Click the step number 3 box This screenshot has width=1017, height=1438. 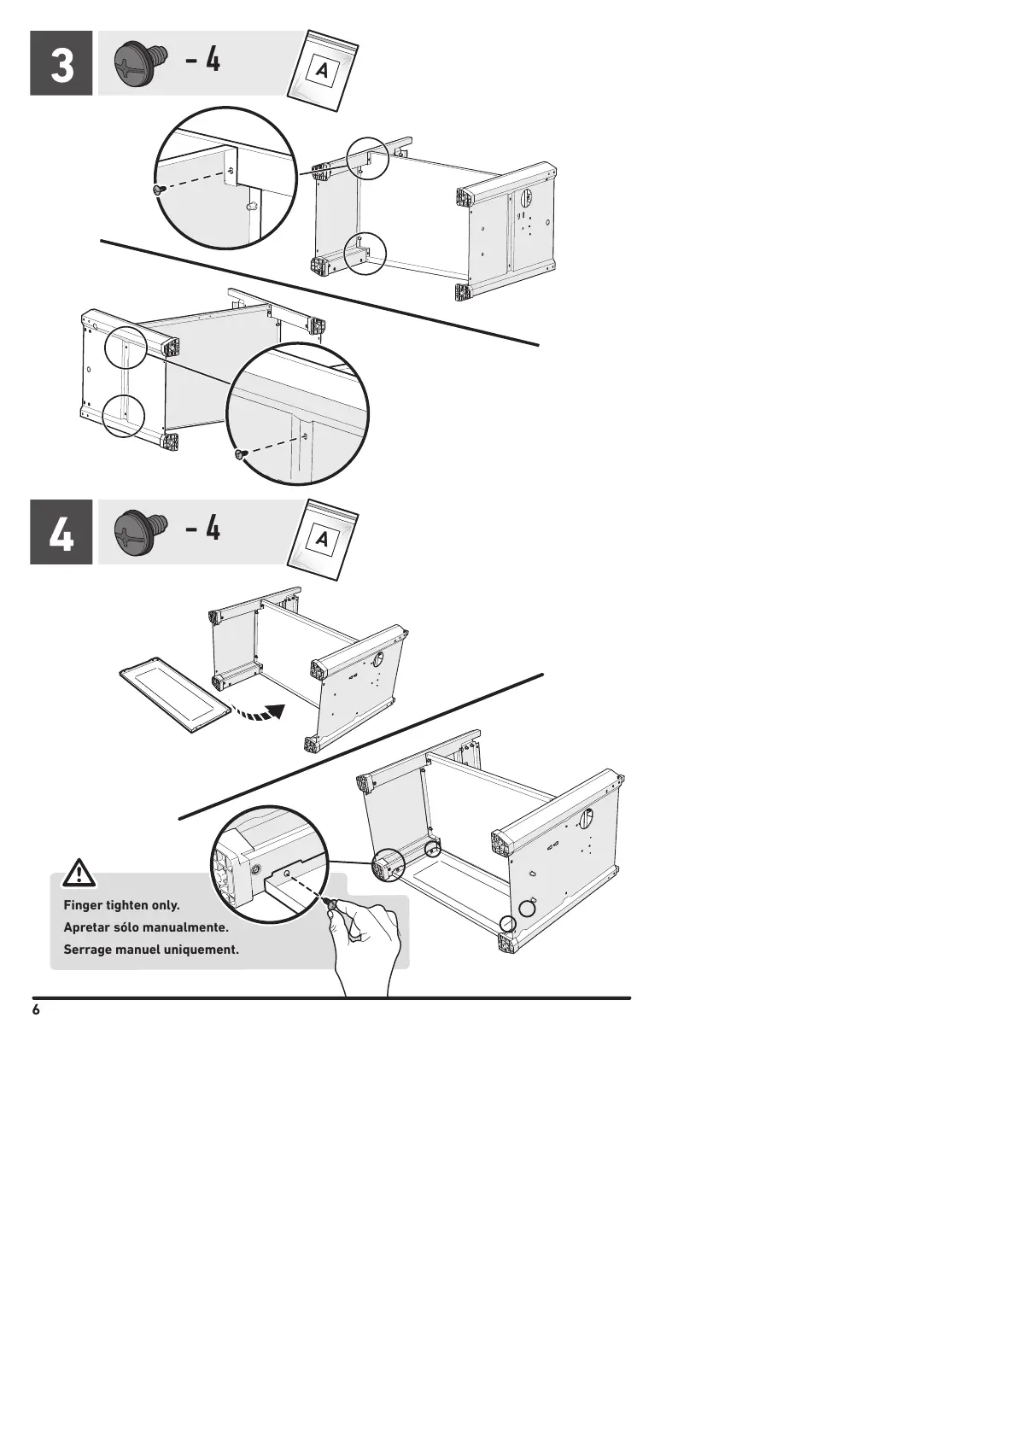pos(61,63)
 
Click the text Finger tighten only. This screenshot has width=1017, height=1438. pos(121,905)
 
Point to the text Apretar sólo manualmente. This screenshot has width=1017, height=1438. pos(146,927)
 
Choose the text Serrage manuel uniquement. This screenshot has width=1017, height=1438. pos(151,950)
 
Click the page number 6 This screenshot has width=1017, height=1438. pos(36,1010)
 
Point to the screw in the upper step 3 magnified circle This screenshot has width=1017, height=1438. pos(158,190)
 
